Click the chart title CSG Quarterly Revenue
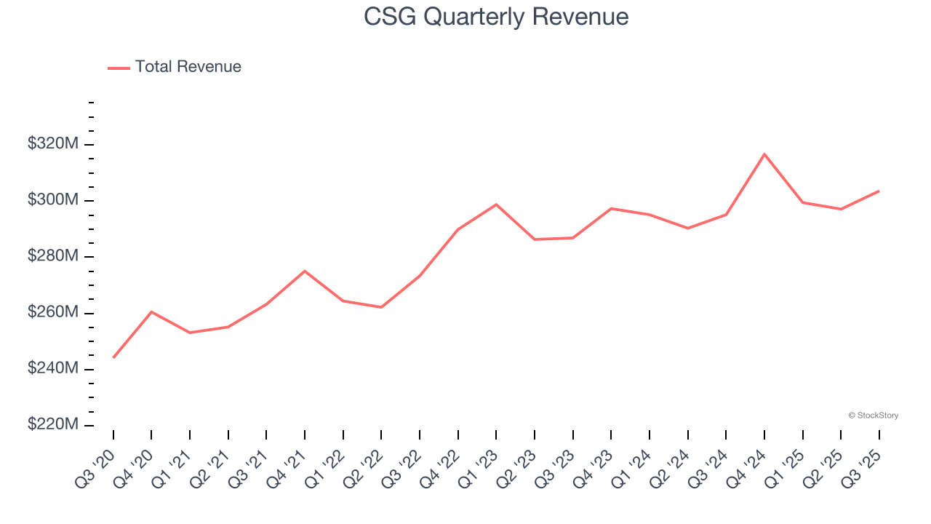pos(496,17)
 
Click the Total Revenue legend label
pos(188,67)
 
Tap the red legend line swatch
pos(119,68)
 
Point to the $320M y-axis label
pos(52,144)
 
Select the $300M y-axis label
pos(52,200)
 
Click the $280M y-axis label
pos(52,257)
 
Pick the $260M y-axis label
pos(52,313)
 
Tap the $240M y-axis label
pos(52,369)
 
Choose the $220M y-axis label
pos(52,425)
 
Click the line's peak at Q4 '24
pos(764,154)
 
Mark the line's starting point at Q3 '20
pos(113,357)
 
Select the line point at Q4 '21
pos(305,271)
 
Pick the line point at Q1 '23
pos(496,205)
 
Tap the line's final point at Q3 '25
pos(879,191)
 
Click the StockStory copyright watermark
pos(873,416)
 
